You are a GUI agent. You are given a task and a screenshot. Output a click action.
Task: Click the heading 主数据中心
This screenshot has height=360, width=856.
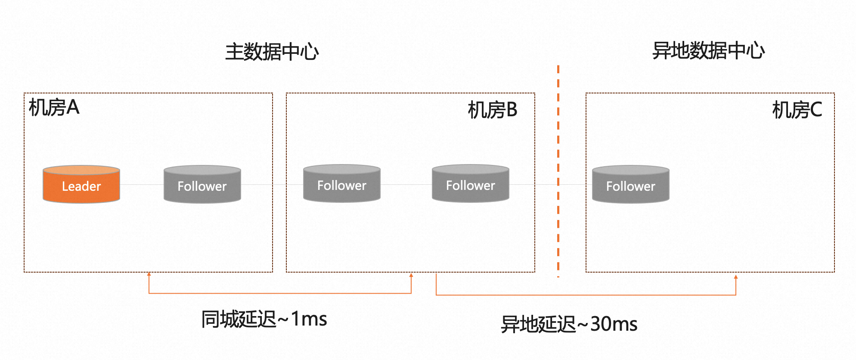click(x=272, y=52)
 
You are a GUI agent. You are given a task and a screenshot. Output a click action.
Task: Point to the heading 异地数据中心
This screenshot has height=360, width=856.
click(x=708, y=51)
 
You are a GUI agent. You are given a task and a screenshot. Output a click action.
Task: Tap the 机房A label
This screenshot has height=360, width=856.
click(x=54, y=107)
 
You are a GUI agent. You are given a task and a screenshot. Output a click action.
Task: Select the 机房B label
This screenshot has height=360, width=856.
click(x=493, y=110)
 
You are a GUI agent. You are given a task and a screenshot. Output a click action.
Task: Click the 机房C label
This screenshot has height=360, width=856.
click(x=797, y=110)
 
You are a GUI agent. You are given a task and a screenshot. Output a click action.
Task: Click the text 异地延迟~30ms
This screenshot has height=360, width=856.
click(x=569, y=324)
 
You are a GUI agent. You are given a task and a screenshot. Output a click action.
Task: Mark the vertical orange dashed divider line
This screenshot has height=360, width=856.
click(x=558, y=172)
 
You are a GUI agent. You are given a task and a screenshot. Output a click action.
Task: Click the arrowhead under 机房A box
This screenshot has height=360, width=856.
click(x=149, y=274)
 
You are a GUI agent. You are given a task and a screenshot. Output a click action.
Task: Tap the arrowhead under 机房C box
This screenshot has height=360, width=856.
click(x=736, y=277)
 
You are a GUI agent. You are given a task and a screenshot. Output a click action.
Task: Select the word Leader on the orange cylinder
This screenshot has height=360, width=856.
click(x=81, y=186)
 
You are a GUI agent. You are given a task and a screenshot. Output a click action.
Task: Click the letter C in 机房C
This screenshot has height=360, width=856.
click(x=816, y=110)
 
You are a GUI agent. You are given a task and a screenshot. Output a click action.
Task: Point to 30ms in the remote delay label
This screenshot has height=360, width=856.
click(x=614, y=324)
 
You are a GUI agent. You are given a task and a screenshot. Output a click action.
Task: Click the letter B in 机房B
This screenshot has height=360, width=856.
click(x=512, y=110)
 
